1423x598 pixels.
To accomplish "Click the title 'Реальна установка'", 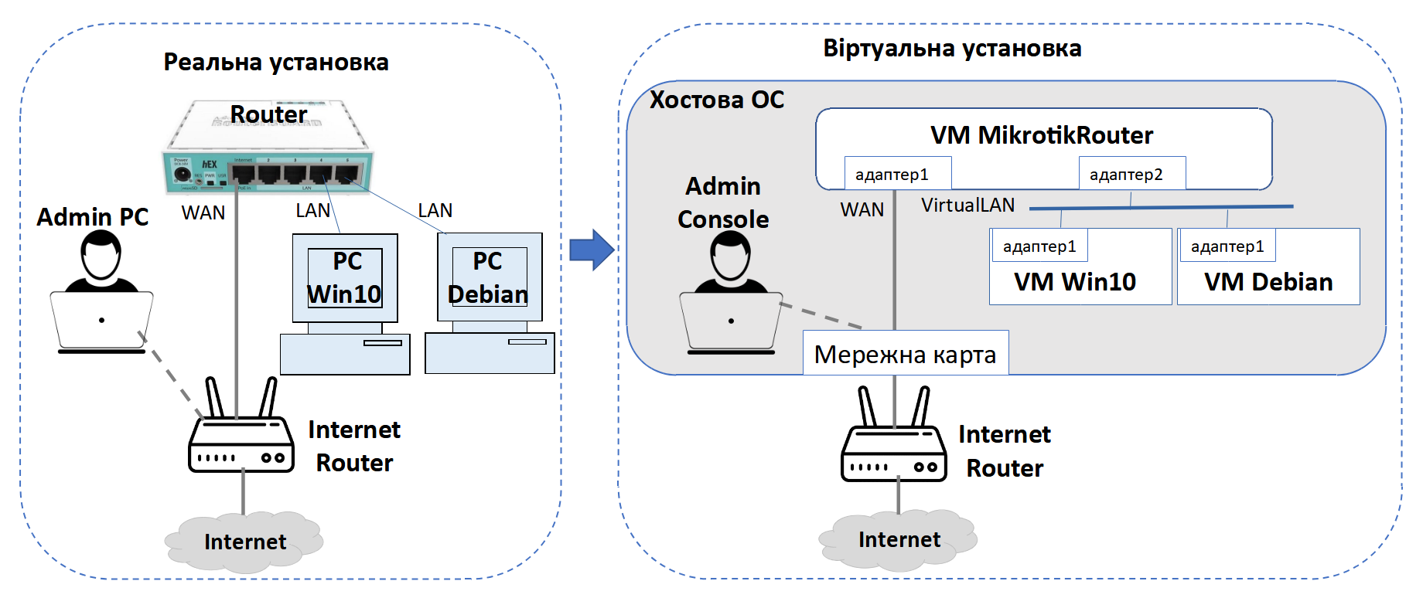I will click(275, 63).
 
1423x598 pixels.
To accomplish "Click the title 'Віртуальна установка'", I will click(951, 49).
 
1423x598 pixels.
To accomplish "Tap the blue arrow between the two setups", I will click(591, 250).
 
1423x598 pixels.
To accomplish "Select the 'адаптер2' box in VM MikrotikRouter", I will click(1131, 174).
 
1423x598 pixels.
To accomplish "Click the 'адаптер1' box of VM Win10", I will click(1039, 246).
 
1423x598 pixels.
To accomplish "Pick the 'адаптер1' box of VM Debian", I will click(1227, 246).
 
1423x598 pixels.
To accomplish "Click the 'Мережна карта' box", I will click(905, 354).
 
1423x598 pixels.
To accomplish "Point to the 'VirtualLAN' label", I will click(967, 205).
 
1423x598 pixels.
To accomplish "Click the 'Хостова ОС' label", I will click(716, 100).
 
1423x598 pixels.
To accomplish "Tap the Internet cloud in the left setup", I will click(244, 542).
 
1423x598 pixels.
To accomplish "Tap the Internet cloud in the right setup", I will click(898, 539).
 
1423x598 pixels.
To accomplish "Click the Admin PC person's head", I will click(101, 256).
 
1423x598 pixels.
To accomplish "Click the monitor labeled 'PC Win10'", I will click(345, 278).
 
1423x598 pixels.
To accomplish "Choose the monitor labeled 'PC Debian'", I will click(489, 277).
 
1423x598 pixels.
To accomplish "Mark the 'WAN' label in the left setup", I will click(203, 212).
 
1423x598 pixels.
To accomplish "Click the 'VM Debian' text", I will click(1268, 282).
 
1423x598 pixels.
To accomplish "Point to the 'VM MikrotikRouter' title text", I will click(1041, 135).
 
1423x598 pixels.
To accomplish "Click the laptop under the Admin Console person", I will click(730, 323).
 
